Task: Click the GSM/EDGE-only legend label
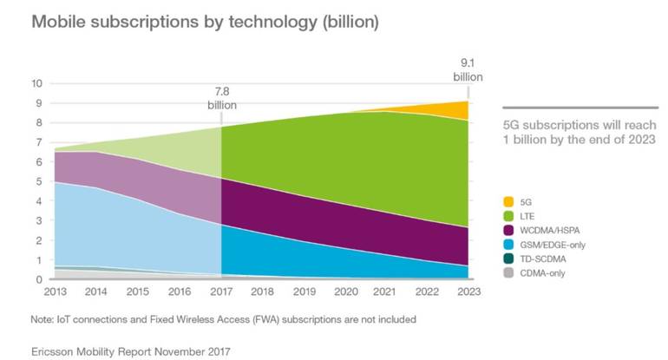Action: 549,245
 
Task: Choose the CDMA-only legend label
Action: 541,276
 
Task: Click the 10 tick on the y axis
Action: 36,83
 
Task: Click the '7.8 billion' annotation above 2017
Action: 222,97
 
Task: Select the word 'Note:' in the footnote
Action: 44,319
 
